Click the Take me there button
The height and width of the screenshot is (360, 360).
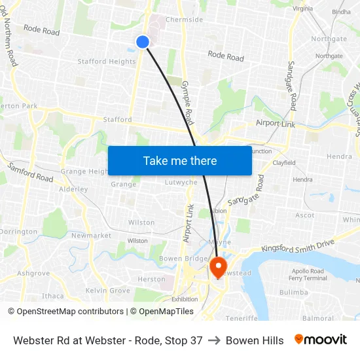(x=180, y=160)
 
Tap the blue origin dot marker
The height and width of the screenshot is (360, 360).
(x=143, y=42)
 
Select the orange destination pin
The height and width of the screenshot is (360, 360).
(x=218, y=266)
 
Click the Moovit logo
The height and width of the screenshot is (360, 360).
(x=320, y=340)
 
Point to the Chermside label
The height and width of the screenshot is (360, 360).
(x=184, y=20)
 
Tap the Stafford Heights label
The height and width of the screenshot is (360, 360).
(x=107, y=62)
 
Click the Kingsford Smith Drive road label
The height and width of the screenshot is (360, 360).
(x=298, y=246)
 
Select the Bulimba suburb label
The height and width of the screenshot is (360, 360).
(x=293, y=292)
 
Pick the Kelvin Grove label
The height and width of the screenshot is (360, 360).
(x=107, y=290)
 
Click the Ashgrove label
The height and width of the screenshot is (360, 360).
(x=33, y=273)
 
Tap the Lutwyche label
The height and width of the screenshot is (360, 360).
(x=181, y=183)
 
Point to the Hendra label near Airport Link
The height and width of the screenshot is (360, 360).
(x=339, y=157)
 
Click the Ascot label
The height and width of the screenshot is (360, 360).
(x=304, y=215)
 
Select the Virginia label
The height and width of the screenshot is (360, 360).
(x=302, y=9)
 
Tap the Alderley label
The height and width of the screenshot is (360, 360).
(x=73, y=189)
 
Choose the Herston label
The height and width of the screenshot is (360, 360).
(x=152, y=279)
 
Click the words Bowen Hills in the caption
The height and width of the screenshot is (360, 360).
(x=255, y=340)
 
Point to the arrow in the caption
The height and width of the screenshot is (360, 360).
(x=214, y=340)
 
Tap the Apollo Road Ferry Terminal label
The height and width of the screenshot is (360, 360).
(x=308, y=274)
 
